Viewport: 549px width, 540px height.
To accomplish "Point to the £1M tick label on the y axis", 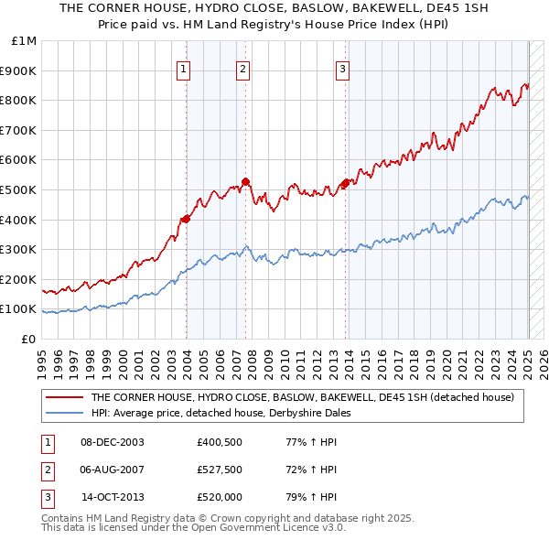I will point(25,41).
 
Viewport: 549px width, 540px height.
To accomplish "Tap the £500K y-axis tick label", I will point(20,189).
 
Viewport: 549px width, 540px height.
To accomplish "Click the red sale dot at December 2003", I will point(186,219).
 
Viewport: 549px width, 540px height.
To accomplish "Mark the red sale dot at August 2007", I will point(245,181).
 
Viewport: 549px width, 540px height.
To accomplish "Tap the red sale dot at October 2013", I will point(345,184).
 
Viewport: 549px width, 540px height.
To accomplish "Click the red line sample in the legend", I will point(64,397).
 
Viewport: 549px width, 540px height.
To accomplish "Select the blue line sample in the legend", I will point(64,413).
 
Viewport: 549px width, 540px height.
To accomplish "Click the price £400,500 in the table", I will point(218,442).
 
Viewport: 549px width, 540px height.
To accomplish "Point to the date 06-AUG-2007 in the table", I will point(113,470).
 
